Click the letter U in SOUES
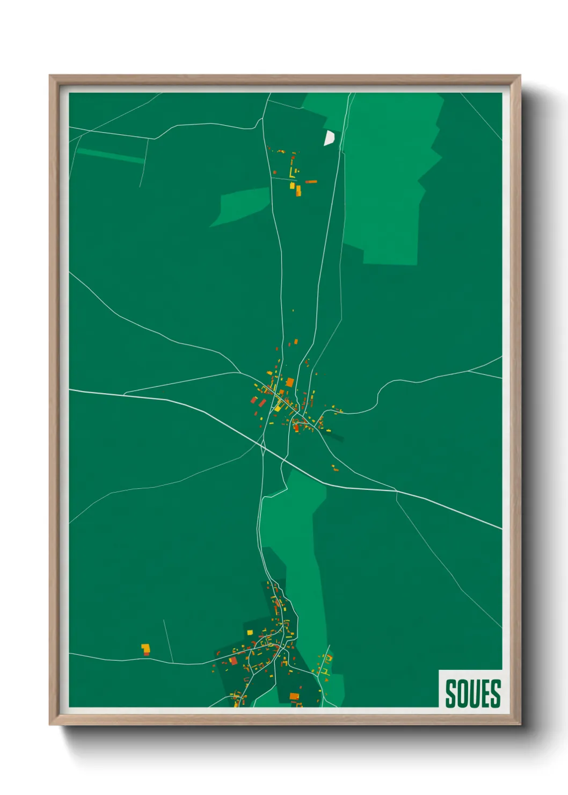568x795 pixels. pyautogui.click(x=473, y=693)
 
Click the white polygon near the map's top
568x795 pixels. pyautogui.click(x=329, y=138)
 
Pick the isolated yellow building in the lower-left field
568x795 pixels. pyautogui.click(x=145, y=647)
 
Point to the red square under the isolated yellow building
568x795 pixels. pyautogui.click(x=147, y=654)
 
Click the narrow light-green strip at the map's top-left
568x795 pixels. pyautogui.click(x=110, y=155)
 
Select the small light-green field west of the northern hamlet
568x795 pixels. pyautogui.click(x=242, y=206)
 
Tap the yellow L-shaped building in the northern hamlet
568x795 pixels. pyautogui.click(x=292, y=172)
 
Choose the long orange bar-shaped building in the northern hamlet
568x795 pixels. pyautogui.click(x=311, y=182)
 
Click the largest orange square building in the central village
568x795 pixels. pyautogui.click(x=290, y=382)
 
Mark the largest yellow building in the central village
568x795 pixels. pyautogui.click(x=278, y=407)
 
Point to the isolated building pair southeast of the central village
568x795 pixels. pyautogui.click(x=335, y=468)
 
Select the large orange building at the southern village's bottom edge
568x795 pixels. pyautogui.click(x=294, y=696)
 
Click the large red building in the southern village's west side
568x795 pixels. pyautogui.click(x=233, y=660)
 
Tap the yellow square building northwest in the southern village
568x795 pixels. pyautogui.click(x=250, y=632)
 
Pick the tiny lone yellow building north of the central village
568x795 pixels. pyautogui.click(x=293, y=310)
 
